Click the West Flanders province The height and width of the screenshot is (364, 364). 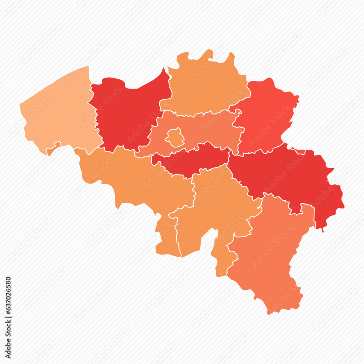58,113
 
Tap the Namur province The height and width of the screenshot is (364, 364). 215,204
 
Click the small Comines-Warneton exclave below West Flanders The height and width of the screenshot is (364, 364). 53,148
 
